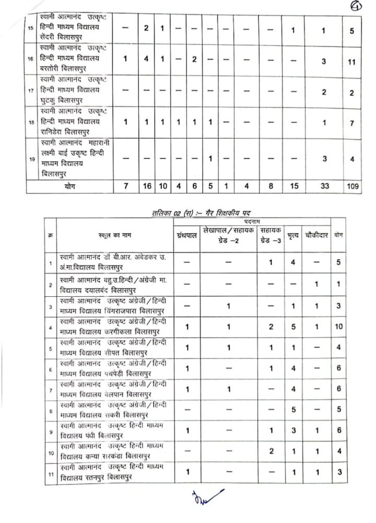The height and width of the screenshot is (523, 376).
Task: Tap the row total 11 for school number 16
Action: click(352, 62)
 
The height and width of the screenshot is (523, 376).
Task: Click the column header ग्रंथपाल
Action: click(187, 236)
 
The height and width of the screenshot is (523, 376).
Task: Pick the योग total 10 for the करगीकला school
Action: click(339, 326)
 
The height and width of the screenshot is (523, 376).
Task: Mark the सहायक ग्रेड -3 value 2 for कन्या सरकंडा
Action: click(271, 451)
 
